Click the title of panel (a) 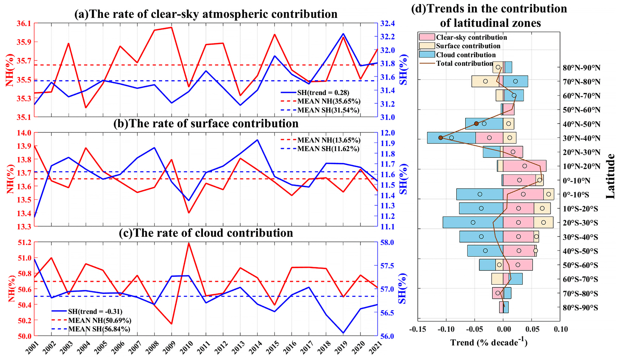[206, 14]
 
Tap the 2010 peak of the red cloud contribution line [189, 243]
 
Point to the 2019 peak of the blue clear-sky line [343, 34]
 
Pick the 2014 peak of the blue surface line [257, 140]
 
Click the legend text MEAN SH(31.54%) [328, 110]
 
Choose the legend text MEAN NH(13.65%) [329, 140]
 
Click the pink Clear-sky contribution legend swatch [427, 37]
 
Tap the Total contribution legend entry [464, 63]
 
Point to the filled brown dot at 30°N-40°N [441, 138]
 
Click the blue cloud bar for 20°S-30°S [473, 222]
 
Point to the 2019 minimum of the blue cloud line [343, 333]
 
